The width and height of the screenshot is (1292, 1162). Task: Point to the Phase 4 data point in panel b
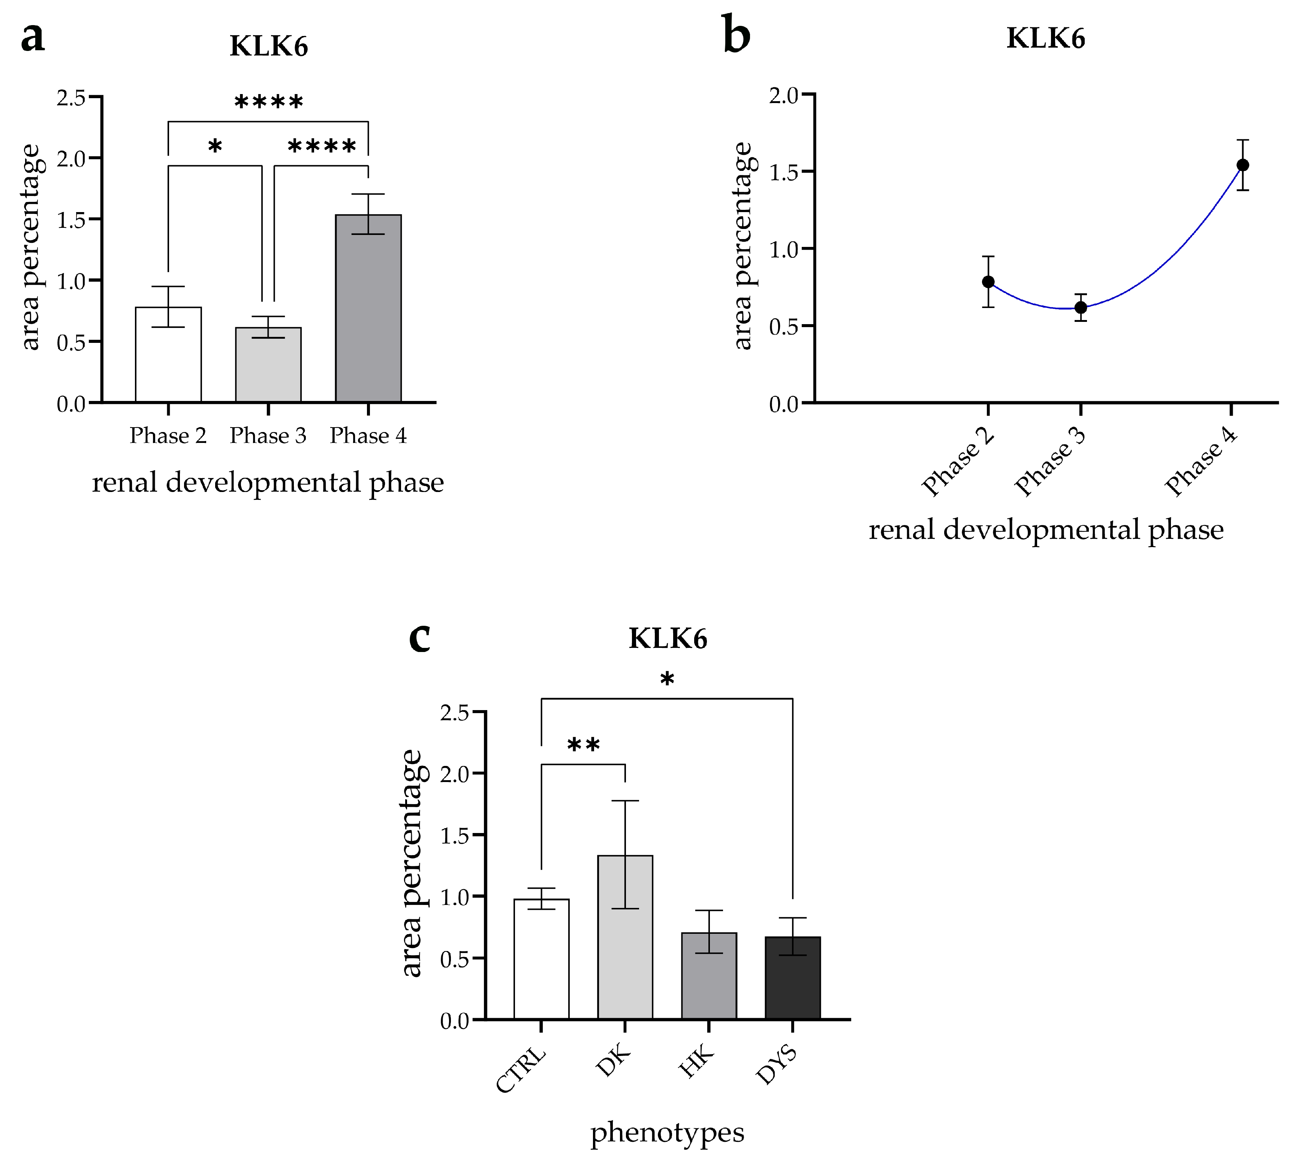[x=1242, y=165]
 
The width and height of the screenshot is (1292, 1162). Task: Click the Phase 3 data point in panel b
[x=1080, y=308]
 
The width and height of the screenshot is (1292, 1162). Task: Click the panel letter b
[x=737, y=35]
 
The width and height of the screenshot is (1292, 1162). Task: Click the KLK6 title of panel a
[x=269, y=46]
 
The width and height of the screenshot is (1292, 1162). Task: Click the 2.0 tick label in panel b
[x=784, y=96]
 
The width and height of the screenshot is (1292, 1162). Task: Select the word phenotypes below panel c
[x=667, y=1133]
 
